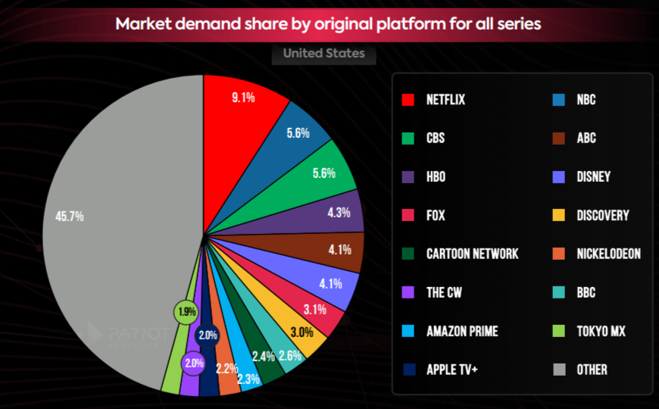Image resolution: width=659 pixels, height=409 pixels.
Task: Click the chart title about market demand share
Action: pos(328,23)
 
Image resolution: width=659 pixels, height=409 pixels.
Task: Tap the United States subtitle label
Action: pos(323,53)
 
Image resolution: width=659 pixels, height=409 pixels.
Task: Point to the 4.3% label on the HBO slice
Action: pos(339,213)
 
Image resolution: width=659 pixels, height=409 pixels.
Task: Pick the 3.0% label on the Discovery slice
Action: pos(301,333)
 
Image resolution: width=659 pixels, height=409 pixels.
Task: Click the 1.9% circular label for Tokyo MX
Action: pos(186,311)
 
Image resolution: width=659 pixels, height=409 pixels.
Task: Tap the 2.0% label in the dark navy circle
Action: pos(207,335)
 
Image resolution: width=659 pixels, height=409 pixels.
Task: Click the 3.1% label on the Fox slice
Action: pos(314,309)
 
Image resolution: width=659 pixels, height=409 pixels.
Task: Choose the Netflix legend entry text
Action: pos(445,100)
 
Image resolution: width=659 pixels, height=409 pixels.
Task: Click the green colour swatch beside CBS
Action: pos(408,139)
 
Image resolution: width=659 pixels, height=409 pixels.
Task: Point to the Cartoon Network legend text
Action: pos(472,254)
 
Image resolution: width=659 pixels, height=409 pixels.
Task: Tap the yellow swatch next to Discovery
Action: pos(560,215)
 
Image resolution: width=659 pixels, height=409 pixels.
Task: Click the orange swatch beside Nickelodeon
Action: pos(560,254)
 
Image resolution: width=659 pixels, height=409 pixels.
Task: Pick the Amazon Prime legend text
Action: pos(462,331)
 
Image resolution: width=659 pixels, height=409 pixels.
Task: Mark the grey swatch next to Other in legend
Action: pos(560,370)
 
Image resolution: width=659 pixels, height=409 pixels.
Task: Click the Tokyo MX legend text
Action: pos(600,331)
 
